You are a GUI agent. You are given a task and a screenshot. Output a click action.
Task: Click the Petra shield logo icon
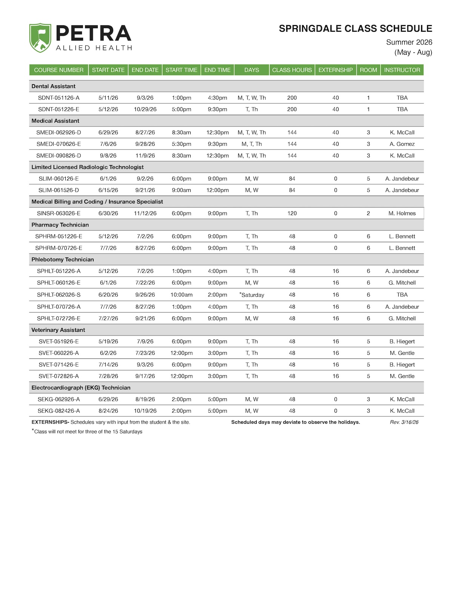[x=40, y=38]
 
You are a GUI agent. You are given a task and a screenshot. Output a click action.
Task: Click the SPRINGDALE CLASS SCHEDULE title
[x=355, y=29]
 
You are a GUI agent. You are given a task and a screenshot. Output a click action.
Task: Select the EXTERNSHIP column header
[x=335, y=70]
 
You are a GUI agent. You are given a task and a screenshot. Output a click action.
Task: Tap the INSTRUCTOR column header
[x=402, y=70]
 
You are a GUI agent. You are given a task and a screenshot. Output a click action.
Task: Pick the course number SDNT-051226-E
[x=59, y=109]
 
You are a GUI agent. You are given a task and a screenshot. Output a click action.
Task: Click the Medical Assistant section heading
[x=55, y=121]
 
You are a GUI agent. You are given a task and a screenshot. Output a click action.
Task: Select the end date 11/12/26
[x=145, y=213]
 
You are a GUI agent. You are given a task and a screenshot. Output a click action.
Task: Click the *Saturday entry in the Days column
[x=252, y=295]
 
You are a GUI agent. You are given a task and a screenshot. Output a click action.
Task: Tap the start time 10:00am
[x=181, y=295]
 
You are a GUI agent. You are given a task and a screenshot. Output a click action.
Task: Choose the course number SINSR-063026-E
[x=59, y=213]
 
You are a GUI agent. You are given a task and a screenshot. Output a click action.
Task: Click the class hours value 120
[x=292, y=213]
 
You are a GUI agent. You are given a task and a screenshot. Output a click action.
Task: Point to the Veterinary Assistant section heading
[x=58, y=330]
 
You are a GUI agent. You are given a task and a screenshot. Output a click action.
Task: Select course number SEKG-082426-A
[x=59, y=411]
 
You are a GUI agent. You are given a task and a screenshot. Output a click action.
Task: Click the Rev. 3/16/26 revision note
[x=404, y=422]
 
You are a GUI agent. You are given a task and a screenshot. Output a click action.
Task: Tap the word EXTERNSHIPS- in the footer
[x=50, y=422]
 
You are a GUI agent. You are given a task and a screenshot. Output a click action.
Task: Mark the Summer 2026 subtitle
[x=409, y=42]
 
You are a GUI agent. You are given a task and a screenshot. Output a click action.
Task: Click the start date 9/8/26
[x=108, y=156]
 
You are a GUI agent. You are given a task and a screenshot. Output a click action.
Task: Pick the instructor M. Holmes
[x=402, y=213]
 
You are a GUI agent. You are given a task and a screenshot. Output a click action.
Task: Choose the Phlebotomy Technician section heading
[x=63, y=259]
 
